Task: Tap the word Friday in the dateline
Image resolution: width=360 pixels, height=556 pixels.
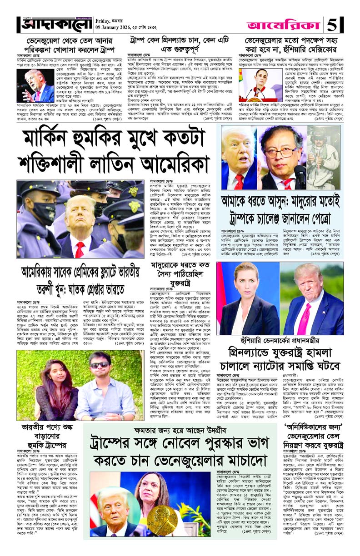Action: (104, 20)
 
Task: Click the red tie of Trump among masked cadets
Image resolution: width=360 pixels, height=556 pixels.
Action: (80, 248)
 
